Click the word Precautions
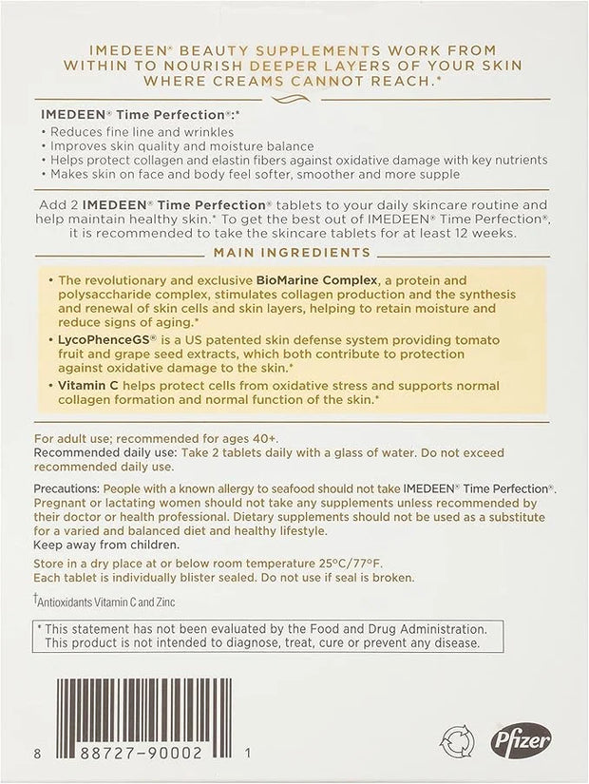(66, 488)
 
